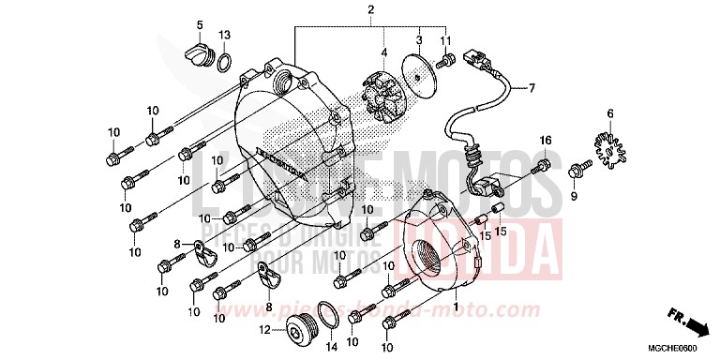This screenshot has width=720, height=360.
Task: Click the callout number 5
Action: (200, 23)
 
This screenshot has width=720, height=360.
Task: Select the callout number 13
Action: (224, 35)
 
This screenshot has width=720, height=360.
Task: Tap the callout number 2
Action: (370, 10)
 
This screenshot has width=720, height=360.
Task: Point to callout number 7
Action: (530, 89)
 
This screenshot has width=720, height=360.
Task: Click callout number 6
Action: (610, 113)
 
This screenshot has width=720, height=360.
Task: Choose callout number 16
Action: (544, 140)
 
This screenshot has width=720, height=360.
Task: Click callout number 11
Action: (446, 39)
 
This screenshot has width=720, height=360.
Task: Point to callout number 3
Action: (419, 39)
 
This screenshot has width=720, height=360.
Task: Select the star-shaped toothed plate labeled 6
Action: (610, 150)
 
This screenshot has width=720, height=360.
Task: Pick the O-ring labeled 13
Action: (226, 62)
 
